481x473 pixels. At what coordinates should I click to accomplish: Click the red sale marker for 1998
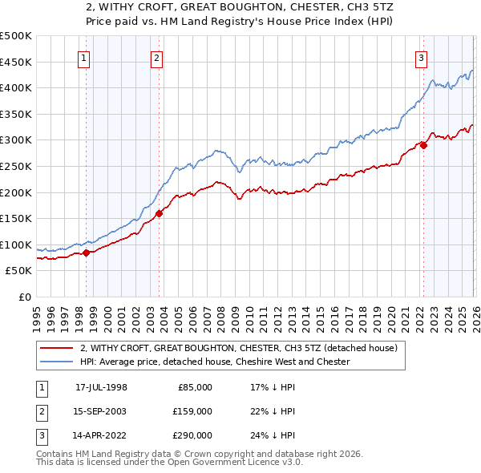click(87, 253)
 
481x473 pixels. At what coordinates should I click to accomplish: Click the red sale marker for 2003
click(160, 213)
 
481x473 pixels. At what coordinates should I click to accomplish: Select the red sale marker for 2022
click(423, 145)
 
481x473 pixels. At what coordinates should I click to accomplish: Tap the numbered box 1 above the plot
click(83, 57)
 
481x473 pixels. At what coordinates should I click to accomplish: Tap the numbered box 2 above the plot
click(156, 57)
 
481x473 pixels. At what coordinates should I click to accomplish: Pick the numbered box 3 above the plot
click(421, 57)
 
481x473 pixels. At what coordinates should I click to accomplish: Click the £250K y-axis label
click(16, 166)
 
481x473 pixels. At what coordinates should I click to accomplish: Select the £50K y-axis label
click(18, 271)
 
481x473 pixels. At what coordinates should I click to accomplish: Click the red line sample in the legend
click(55, 349)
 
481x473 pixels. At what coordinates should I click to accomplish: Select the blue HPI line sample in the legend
click(55, 362)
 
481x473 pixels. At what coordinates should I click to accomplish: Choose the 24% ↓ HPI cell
click(273, 436)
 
